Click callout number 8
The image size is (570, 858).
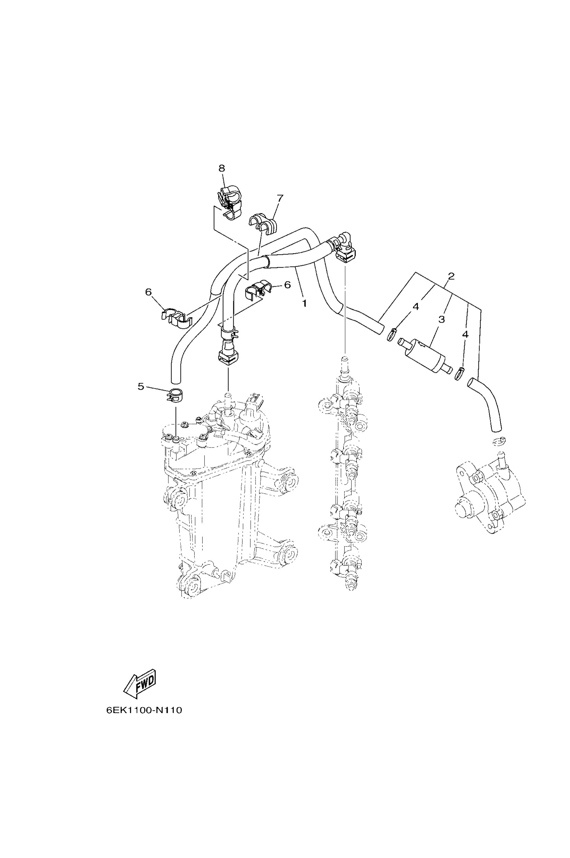222,168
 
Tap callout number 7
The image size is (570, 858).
280,198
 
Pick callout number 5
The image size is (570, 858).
141,386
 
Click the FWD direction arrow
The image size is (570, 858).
140,683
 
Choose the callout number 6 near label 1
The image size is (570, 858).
287,285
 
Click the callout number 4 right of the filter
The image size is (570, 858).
465,335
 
